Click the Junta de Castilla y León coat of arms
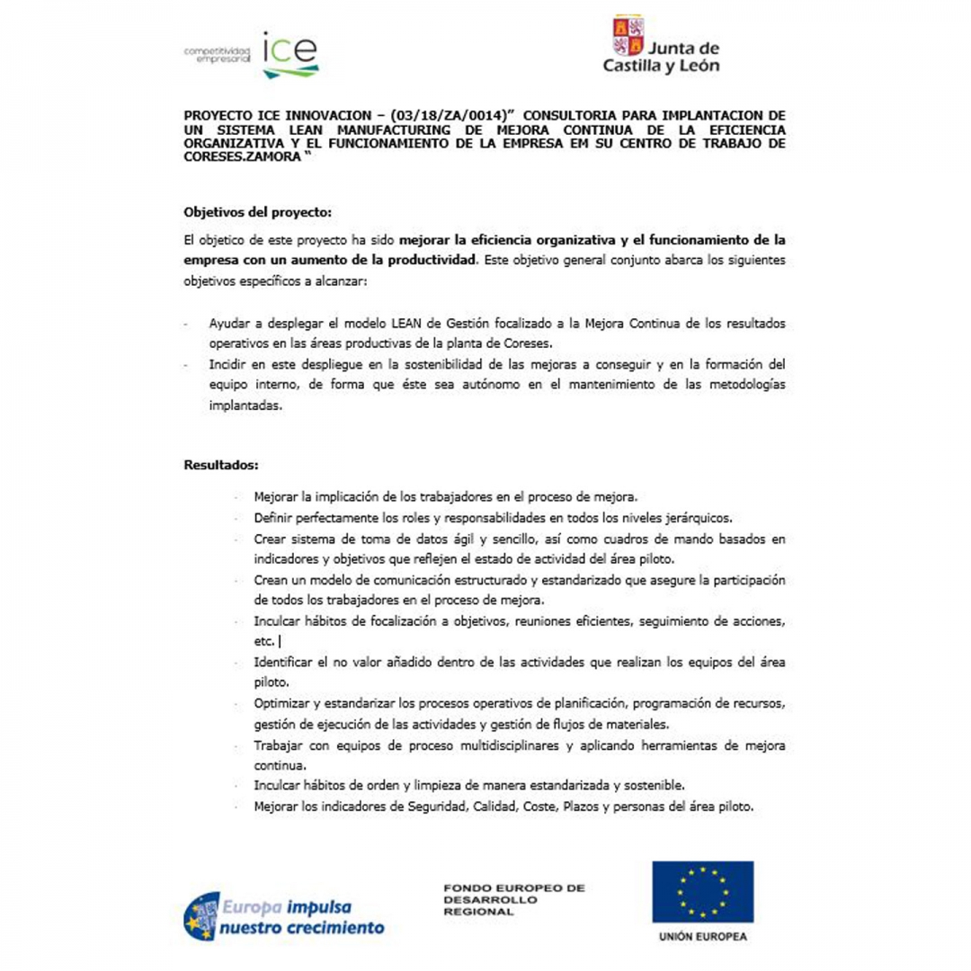(628, 36)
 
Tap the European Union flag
(702, 890)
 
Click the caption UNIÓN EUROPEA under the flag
(702, 936)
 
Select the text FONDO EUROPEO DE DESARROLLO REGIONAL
(513, 899)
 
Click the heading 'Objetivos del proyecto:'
(257, 213)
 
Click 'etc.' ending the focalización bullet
(264, 642)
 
